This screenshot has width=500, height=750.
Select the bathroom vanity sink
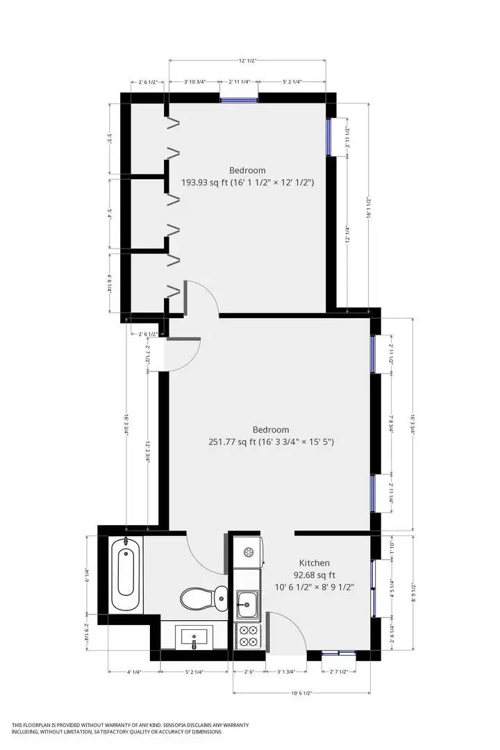194,637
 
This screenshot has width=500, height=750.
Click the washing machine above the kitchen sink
248,552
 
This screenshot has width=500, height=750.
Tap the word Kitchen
314,563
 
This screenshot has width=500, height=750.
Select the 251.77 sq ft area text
228,442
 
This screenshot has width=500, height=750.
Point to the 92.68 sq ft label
314,575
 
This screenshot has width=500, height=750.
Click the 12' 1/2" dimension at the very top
248,61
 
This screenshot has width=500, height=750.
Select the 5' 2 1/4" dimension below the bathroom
194,672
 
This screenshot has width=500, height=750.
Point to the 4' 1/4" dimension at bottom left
134,672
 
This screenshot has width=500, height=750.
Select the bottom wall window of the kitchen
340,653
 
